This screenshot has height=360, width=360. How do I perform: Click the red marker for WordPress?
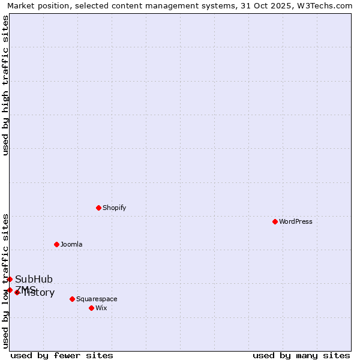coord(275,221)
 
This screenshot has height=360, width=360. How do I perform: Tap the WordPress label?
coord(295,221)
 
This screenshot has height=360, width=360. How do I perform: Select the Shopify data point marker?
coord(98,208)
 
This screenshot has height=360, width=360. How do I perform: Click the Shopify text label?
coord(114,208)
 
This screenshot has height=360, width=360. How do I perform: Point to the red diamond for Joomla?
coord(56,244)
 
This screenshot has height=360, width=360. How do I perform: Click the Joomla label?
coord(71,244)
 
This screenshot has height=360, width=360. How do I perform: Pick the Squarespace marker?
coord(72,299)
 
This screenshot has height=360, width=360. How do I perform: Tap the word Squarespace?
coord(97,299)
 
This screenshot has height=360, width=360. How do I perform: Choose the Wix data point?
coord(91,308)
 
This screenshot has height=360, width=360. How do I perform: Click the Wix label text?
coord(101,308)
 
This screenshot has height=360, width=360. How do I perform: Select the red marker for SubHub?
coord(10,279)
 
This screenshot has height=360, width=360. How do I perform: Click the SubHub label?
coord(34,279)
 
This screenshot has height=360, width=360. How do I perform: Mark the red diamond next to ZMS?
coord(10,290)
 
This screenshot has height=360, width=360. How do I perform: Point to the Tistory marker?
coord(17,292)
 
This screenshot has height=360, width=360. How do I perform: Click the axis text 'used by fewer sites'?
coord(62,355)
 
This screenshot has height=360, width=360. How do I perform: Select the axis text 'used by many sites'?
coord(301,355)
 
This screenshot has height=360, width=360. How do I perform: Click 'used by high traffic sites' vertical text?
coord(5,85)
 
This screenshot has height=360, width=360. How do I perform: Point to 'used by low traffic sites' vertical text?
coord(5,280)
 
